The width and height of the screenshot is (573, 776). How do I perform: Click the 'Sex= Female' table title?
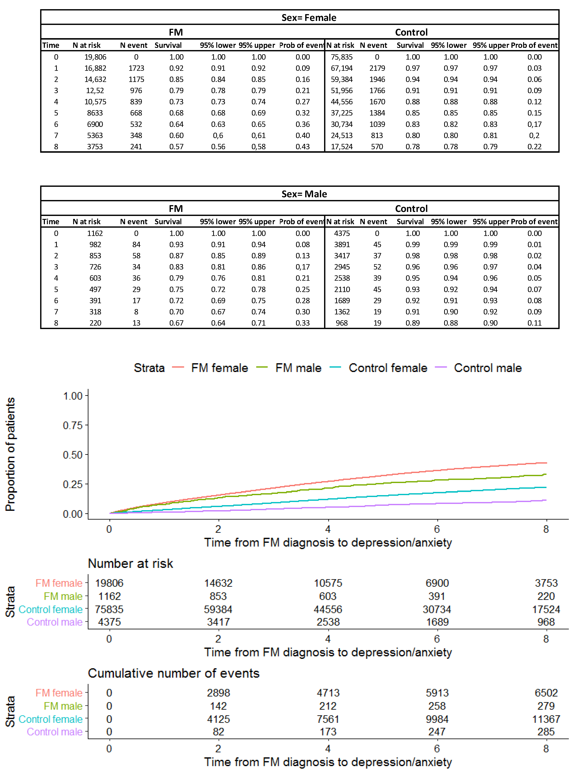pyautogui.click(x=309, y=18)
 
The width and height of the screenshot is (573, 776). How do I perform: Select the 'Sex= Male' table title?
pyautogui.click(x=304, y=194)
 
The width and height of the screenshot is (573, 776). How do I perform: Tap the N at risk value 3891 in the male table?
pyautogui.click(x=342, y=245)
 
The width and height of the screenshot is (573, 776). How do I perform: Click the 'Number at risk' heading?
pyautogui.click(x=130, y=563)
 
